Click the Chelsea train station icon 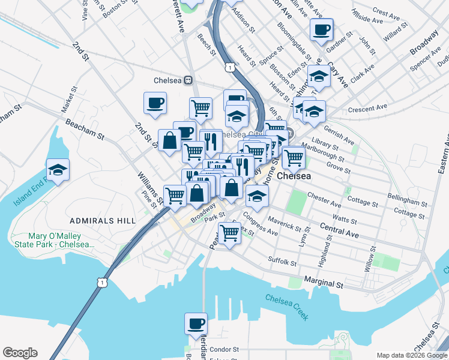point(188,80)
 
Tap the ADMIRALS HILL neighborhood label point(102,221)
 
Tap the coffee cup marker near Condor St point(196,325)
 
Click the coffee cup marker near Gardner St point(321,29)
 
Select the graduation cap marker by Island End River point(58,170)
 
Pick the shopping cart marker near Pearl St point(229,232)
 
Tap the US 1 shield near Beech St point(229,67)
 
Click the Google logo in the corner point(20,353)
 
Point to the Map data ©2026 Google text point(411,355)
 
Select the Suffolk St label point(282,262)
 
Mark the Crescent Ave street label point(368,109)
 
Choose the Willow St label point(368,259)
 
